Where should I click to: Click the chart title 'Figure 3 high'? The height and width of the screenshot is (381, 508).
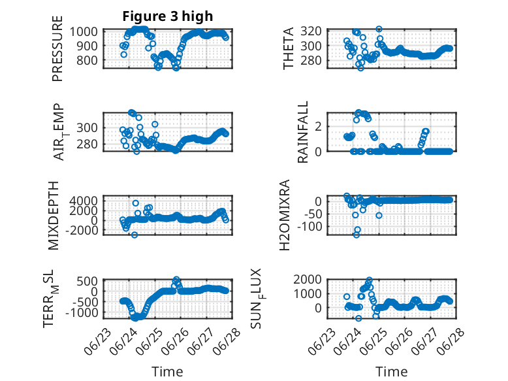point(168,16)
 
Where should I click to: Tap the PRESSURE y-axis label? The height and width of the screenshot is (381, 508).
point(57,48)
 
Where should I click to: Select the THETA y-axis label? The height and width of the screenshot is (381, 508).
point(288,48)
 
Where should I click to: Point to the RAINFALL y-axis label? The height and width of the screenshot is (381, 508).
point(302,132)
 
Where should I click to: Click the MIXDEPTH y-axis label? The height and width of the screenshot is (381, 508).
point(54,216)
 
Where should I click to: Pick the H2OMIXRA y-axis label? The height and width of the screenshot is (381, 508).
point(284,215)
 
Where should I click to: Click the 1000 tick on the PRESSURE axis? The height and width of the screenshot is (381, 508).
point(84,31)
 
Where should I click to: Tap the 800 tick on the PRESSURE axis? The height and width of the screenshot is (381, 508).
point(87,60)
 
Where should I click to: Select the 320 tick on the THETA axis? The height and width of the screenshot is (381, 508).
point(311,31)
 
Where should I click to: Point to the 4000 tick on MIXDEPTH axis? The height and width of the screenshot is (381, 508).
point(84,201)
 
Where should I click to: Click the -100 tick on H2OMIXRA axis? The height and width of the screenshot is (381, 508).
point(310,226)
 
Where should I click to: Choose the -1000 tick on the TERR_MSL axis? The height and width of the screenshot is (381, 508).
point(82,313)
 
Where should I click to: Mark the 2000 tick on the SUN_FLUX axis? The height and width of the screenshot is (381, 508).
point(308,279)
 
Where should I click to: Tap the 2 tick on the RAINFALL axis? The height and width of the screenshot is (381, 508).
point(318,126)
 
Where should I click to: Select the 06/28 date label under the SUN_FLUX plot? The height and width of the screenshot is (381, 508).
point(451,342)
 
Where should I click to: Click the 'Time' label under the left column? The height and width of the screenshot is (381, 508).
point(167,372)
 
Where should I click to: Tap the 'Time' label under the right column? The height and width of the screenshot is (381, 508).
point(391,372)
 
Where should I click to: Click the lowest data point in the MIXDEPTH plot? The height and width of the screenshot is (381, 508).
point(135,235)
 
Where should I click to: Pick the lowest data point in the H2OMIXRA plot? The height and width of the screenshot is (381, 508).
point(357,235)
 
